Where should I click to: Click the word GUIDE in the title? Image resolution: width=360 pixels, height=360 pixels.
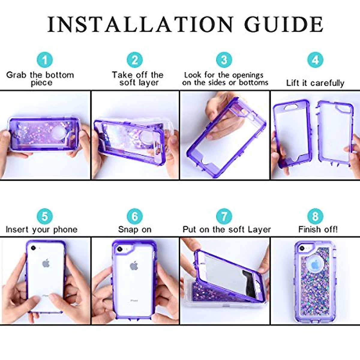pos(284,25)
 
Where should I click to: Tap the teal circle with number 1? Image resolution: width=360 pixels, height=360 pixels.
pos(45,60)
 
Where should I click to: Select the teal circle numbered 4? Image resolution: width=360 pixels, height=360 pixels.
pos(315,60)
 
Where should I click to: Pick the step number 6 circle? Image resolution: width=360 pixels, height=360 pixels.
pos(135,216)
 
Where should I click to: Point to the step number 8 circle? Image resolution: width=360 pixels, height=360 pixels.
pos(315,216)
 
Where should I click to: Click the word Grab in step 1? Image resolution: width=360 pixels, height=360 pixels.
pos(16,75)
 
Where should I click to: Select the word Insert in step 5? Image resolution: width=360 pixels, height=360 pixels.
pos(17,230)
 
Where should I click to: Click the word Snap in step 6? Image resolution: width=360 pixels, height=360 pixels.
pos(128,230)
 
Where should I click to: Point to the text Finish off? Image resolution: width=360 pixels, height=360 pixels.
pos(318,230)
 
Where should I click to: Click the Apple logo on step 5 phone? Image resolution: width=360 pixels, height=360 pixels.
pos(46,264)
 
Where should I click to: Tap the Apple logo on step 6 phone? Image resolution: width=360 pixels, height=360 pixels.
pos(134,265)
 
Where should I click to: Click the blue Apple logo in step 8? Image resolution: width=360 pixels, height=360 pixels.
pos(315,265)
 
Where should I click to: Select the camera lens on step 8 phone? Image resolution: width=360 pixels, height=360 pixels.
pos(302,249)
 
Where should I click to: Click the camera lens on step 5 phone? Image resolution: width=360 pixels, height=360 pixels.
pos(33,248)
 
